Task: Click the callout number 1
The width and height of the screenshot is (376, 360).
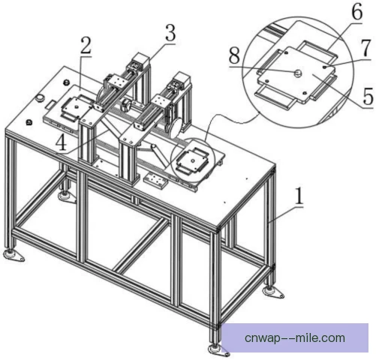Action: click(x=299, y=196)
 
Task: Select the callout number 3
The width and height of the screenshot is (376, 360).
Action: click(x=170, y=33)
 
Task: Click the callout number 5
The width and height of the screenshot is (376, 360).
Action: click(x=368, y=96)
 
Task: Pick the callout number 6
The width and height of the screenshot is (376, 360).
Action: click(x=357, y=11)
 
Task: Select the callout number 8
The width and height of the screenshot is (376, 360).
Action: click(x=234, y=55)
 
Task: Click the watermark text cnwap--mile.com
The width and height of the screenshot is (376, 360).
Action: click(x=295, y=338)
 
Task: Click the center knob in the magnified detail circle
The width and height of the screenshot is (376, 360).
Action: click(x=298, y=73)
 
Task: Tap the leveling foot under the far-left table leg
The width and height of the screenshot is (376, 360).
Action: click(x=14, y=256)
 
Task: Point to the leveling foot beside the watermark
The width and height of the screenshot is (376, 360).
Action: click(x=218, y=350)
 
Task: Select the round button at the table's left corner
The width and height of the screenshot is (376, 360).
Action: click(x=40, y=97)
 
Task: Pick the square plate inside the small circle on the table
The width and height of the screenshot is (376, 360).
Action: click(x=192, y=160)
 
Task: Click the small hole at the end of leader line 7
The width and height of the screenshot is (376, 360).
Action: click(x=324, y=67)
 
